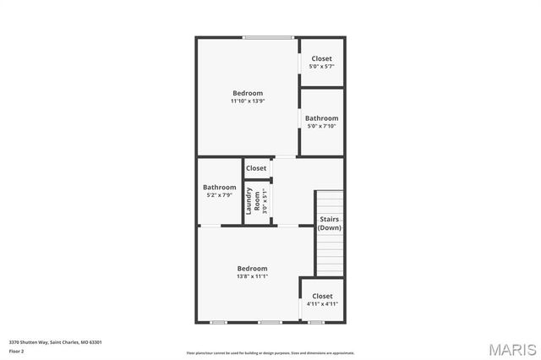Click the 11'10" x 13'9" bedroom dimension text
[x=248, y=101]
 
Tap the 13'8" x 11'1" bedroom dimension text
[x=252, y=276]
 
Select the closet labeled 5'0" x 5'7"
[x=321, y=62]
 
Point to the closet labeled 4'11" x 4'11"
[x=321, y=300]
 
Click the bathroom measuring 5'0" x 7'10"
[x=321, y=123]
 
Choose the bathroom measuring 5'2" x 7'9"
[x=219, y=191]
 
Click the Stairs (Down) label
[x=330, y=224]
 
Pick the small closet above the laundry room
[x=256, y=168]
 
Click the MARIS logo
[x=511, y=348]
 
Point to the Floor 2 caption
[x=17, y=351]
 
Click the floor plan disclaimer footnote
[x=270, y=353]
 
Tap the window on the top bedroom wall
[x=269, y=37]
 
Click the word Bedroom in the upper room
[x=248, y=93]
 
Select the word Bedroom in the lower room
[x=252, y=268]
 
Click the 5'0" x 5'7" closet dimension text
[x=321, y=66]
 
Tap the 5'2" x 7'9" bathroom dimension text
[x=219, y=195]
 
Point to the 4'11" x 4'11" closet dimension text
[x=321, y=304]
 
